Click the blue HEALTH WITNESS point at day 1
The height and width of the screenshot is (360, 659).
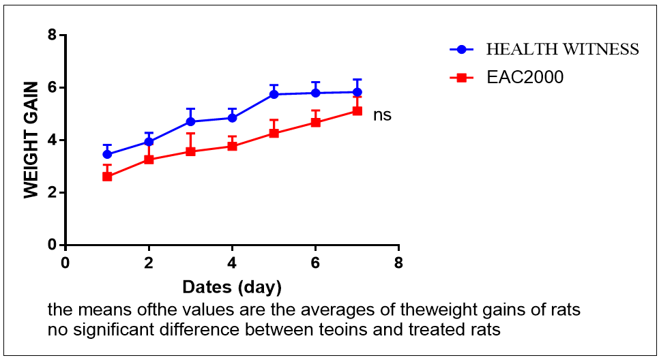(107, 154)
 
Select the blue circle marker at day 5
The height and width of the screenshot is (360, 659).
(274, 94)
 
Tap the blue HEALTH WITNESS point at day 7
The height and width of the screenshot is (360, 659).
(357, 92)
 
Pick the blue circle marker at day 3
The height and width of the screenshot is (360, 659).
(191, 121)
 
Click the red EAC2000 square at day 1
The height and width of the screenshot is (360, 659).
(107, 177)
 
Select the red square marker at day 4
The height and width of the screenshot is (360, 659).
(233, 146)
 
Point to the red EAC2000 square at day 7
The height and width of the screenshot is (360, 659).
(357, 110)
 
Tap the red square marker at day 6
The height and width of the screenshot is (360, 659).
(316, 122)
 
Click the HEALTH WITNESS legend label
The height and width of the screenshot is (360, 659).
(562, 50)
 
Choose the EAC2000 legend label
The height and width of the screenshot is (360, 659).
(525, 78)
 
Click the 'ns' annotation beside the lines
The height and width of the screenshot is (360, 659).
(382, 115)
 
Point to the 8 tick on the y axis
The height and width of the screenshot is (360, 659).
(52, 35)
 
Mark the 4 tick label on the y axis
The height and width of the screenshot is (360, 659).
(52, 140)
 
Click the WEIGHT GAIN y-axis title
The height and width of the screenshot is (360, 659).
(31, 140)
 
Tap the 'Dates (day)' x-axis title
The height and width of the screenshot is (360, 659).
(232, 285)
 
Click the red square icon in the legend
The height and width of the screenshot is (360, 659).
(461, 78)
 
